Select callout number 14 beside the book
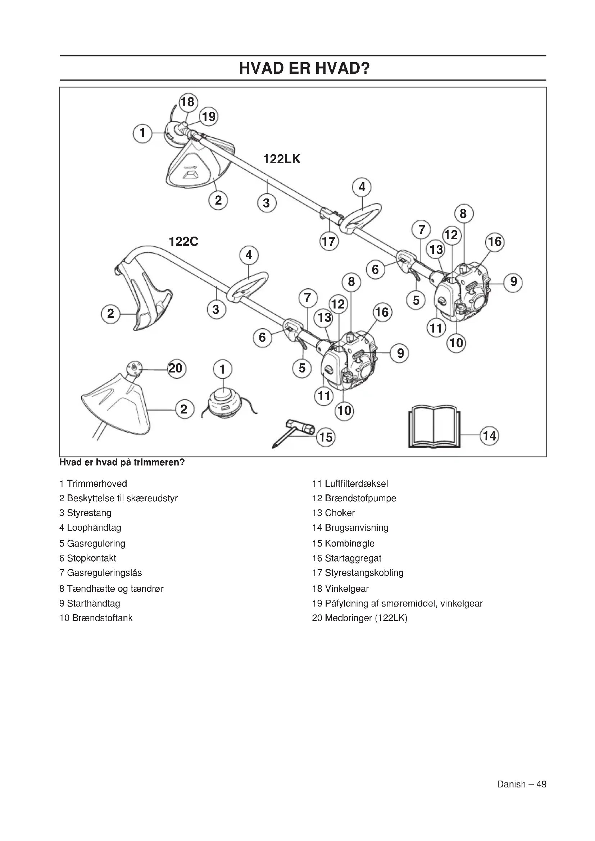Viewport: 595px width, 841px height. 490,436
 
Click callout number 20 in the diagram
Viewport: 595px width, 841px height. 176,368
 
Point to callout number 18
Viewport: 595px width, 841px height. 188,102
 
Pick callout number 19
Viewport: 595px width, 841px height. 209,116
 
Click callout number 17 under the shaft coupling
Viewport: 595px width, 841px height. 328,242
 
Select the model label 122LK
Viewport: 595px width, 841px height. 282,159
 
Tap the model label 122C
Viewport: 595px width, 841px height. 183,242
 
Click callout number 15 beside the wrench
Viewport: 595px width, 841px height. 326,437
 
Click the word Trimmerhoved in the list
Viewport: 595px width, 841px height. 97,484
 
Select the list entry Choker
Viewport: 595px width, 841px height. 340,513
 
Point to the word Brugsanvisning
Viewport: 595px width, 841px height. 356,527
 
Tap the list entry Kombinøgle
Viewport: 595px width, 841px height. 350,543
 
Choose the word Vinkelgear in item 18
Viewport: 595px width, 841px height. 346,589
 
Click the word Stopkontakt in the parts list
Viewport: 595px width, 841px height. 92,558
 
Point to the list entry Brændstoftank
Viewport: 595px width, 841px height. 102,618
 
